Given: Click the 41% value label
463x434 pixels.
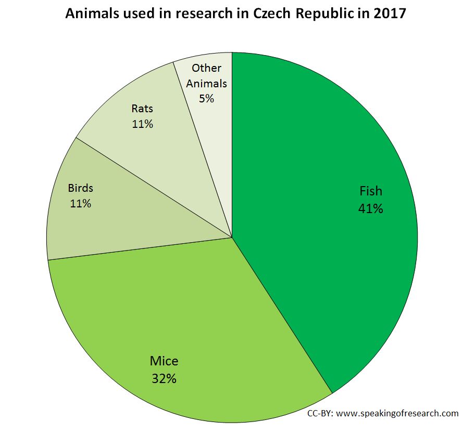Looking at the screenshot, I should pyautogui.click(x=370, y=209).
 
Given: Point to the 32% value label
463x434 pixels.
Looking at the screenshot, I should pyautogui.click(x=164, y=378).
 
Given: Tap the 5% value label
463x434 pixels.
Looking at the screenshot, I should pyautogui.click(x=206, y=98).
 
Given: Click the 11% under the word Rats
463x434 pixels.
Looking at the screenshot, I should pyautogui.click(x=142, y=124).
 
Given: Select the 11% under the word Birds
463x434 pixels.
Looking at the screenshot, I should pyautogui.click(x=80, y=203).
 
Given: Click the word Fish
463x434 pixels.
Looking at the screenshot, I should pyautogui.click(x=371, y=191).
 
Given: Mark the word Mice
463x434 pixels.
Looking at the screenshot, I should pyautogui.click(x=164, y=361).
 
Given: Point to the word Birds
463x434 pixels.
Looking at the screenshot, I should pyautogui.click(x=81, y=188).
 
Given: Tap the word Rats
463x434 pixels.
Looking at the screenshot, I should pyautogui.click(x=142, y=109).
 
